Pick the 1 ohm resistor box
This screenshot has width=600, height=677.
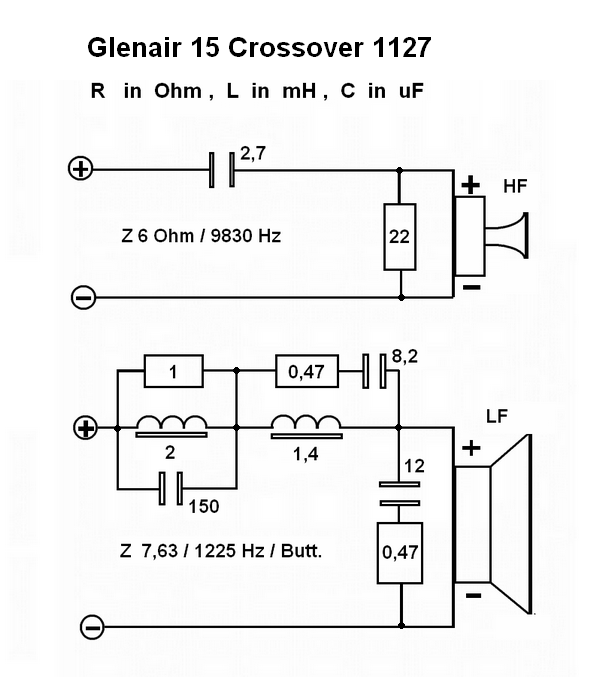click(175, 372)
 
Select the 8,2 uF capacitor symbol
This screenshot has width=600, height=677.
click(374, 373)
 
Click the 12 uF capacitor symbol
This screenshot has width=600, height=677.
click(399, 494)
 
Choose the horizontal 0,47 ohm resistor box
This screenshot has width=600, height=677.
click(305, 373)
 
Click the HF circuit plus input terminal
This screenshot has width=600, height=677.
click(78, 169)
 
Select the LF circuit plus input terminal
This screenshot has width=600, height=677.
click(86, 429)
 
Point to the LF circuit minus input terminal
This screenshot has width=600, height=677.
click(92, 627)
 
